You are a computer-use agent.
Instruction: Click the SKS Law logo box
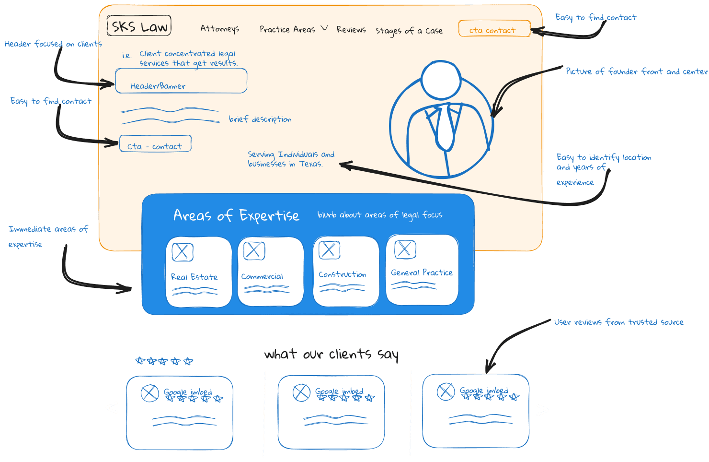pyautogui.click(x=139, y=26)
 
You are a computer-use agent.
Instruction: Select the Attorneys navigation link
pyautogui.click(x=219, y=29)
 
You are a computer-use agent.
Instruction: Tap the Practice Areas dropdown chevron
pyautogui.click(x=324, y=28)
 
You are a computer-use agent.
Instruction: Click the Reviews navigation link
pyautogui.click(x=351, y=30)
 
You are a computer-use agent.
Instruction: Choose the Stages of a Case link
pyautogui.click(x=409, y=31)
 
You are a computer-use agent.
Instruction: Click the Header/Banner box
pyautogui.click(x=181, y=81)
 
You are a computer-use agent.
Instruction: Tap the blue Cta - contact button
pyautogui.click(x=155, y=144)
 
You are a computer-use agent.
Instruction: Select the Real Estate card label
pyautogui.click(x=194, y=277)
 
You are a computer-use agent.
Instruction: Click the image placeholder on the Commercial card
pyautogui.click(x=254, y=250)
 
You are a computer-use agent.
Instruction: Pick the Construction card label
pyautogui.click(x=342, y=274)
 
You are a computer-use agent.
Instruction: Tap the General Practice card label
pyautogui.click(x=422, y=272)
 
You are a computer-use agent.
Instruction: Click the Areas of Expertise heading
pyautogui.click(x=236, y=215)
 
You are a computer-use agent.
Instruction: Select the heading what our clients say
pyautogui.click(x=331, y=355)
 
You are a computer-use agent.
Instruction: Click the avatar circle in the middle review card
pyautogui.click(x=301, y=392)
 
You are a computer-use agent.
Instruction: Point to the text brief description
pyautogui.click(x=260, y=119)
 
